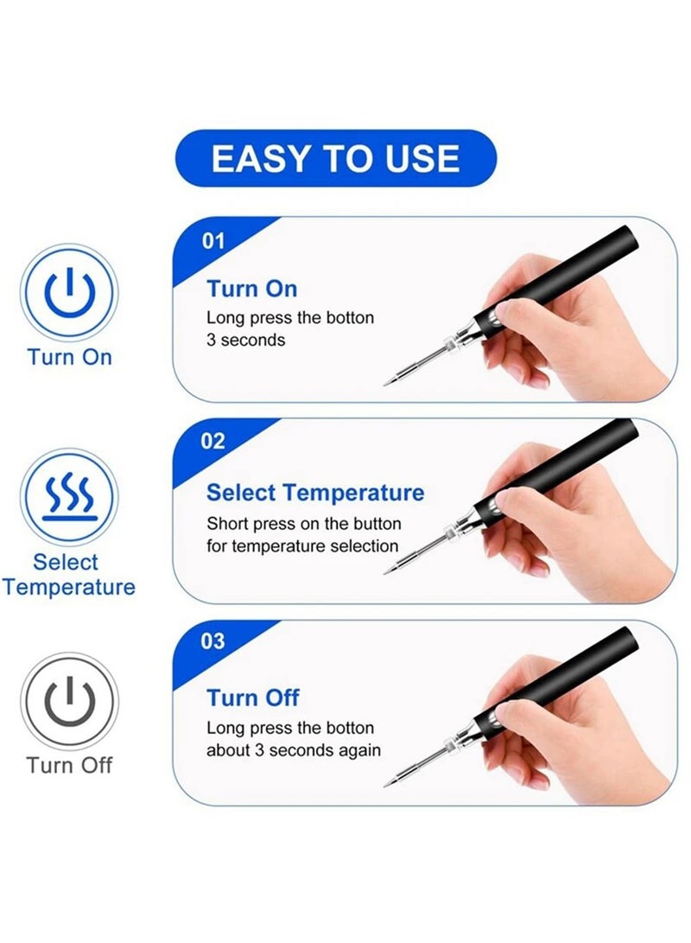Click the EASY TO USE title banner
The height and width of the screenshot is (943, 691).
coord(336,158)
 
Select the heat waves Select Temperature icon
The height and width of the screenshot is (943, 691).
coord(69,497)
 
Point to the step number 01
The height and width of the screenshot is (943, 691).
coord(213,240)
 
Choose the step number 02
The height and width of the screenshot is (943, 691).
coord(213,441)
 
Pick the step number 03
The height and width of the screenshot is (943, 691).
coord(213,641)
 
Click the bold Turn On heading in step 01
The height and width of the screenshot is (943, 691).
coord(251,288)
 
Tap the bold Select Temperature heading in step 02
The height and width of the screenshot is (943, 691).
coord(315,493)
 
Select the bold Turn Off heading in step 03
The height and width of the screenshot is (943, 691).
coord(253,697)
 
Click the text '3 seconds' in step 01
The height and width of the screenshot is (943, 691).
coord(245,340)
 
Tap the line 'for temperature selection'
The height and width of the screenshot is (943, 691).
coord(302,545)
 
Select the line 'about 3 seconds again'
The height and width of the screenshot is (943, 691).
coord(293,749)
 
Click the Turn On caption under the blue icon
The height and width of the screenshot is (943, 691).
coord(69,357)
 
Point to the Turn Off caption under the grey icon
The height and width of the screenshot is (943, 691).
coord(69,765)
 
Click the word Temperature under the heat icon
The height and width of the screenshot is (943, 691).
coord(69,588)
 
